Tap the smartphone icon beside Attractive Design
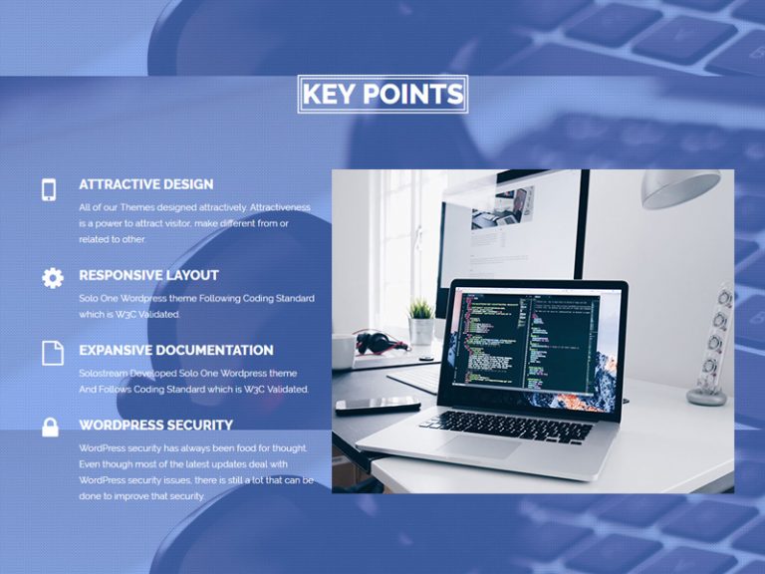pyautogui.click(x=49, y=190)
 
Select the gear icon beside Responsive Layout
pyautogui.click(x=53, y=278)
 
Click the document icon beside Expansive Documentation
pyautogui.click(x=53, y=353)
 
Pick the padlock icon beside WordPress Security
pyautogui.click(x=50, y=428)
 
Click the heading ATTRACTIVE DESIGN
pyautogui.click(x=146, y=184)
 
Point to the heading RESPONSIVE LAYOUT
pyautogui.click(x=148, y=275)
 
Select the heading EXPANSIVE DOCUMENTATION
pyautogui.click(x=176, y=351)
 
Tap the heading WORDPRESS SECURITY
pyautogui.click(x=156, y=426)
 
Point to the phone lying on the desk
pyautogui.click(x=379, y=405)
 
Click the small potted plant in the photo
pyautogui.click(x=421, y=321)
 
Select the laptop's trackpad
pyautogui.click(x=479, y=446)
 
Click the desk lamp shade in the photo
pyautogui.click(x=680, y=188)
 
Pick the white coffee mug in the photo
pyautogui.click(x=344, y=351)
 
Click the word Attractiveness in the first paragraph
pyautogui.click(x=280, y=207)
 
